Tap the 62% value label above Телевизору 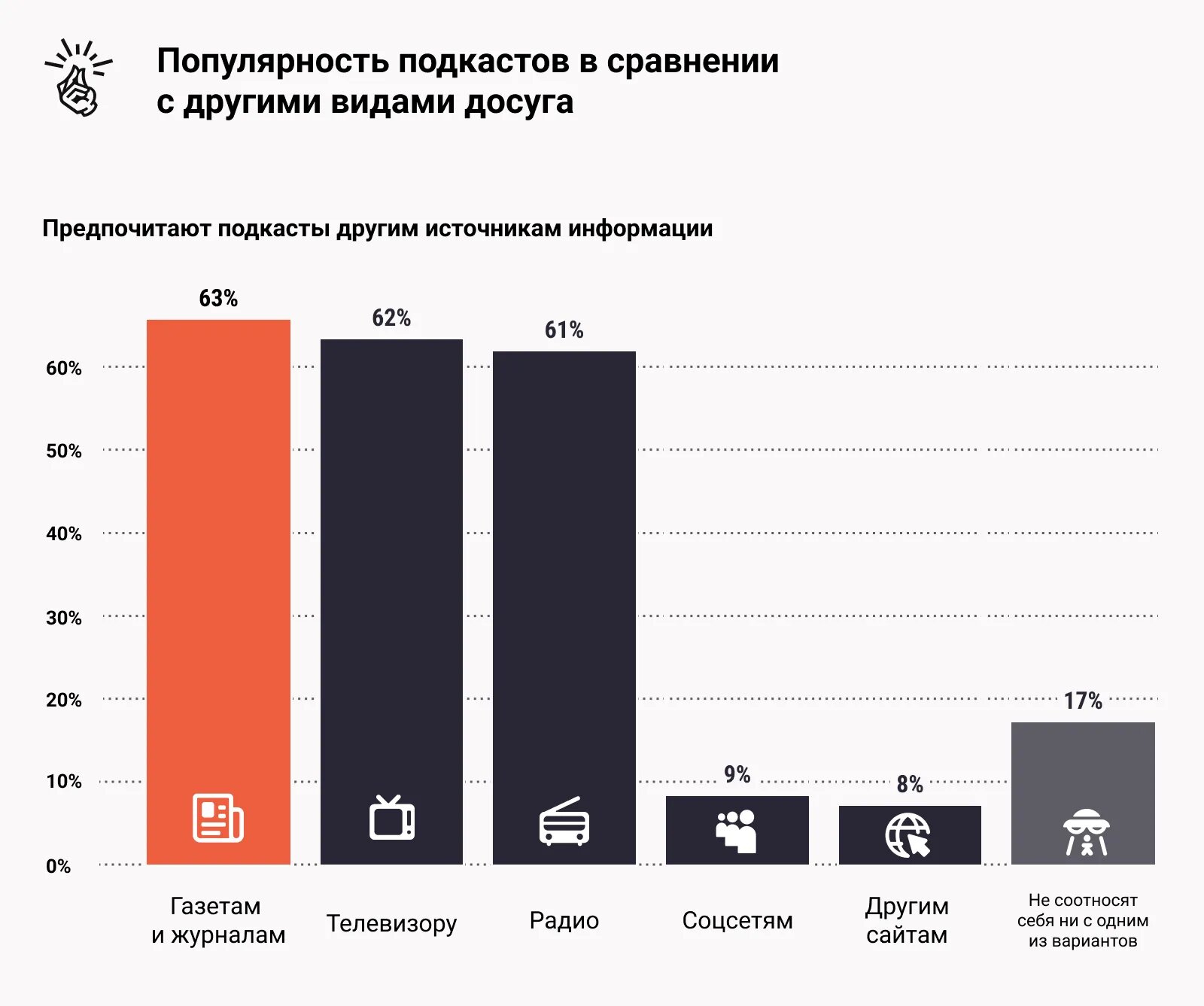[x=391, y=318]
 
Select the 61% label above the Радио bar [x=564, y=330]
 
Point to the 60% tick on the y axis [x=64, y=368]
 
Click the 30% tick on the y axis [x=64, y=618]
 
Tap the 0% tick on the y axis [x=59, y=866]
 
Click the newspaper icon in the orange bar [x=218, y=818]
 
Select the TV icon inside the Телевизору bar [x=391, y=818]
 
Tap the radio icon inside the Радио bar [x=564, y=822]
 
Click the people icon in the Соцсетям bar [x=736, y=830]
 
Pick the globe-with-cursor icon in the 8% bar [x=908, y=835]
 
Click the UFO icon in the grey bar [x=1085, y=832]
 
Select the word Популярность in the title [x=273, y=62]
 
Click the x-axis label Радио [x=564, y=920]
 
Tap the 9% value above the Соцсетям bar [x=737, y=774]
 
